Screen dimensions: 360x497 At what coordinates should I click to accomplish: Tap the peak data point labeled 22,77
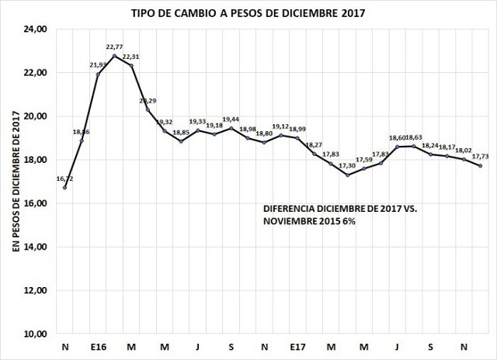(x=115, y=56)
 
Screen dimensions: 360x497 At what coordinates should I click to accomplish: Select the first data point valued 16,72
(x=65, y=187)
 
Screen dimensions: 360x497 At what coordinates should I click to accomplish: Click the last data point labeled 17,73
(x=481, y=166)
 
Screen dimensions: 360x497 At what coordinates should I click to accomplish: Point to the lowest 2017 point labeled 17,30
(x=347, y=175)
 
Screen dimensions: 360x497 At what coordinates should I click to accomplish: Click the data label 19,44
(x=231, y=119)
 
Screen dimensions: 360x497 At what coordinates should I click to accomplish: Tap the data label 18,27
(x=314, y=145)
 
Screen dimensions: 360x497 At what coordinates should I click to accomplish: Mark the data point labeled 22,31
(x=131, y=66)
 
